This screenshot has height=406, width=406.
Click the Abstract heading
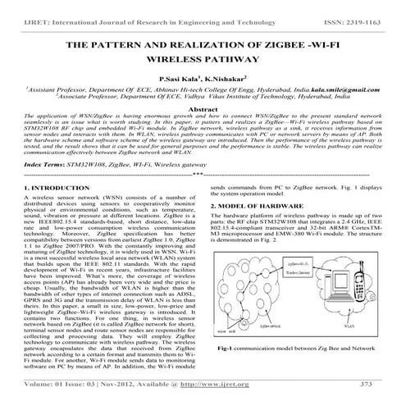coord(203,108)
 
